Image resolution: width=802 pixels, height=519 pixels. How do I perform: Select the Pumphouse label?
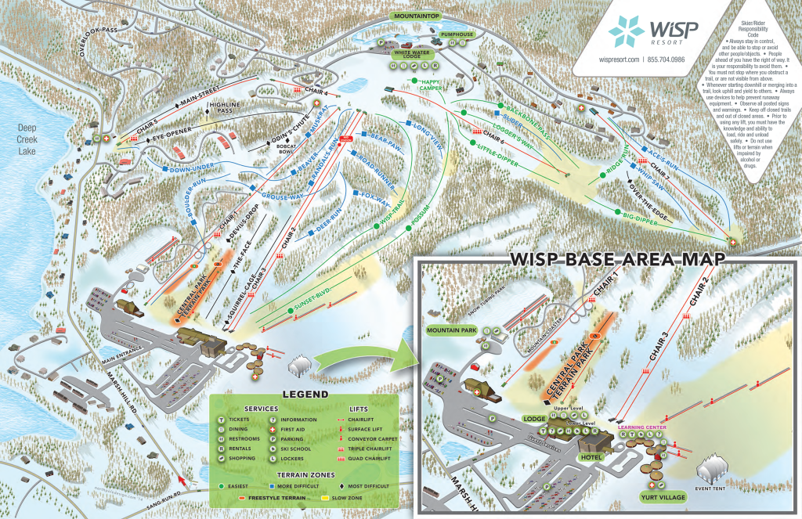(456, 35)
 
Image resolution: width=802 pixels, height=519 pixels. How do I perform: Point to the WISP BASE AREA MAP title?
(616, 259)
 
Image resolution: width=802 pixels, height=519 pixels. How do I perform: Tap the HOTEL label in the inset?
(588, 456)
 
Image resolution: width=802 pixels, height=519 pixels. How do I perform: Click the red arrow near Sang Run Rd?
(183, 474)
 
